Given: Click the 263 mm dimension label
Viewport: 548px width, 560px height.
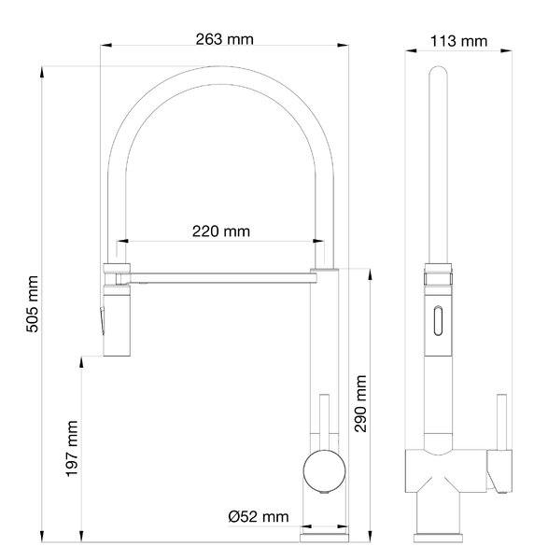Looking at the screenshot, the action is coord(225,39).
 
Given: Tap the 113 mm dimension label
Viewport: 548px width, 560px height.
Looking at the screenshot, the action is coord(458,41).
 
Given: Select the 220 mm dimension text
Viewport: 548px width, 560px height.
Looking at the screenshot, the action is coord(221,231).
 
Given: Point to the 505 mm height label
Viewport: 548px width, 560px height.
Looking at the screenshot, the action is coord(32,304).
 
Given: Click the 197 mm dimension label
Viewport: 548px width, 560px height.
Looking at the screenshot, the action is coord(72,449).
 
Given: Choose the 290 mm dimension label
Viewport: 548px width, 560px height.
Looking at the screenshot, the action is coord(360,403).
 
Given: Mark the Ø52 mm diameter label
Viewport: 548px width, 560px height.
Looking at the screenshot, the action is coord(259,516).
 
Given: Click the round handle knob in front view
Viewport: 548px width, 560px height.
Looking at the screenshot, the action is coord(324,471).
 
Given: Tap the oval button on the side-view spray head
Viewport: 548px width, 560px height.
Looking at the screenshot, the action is coord(438,321).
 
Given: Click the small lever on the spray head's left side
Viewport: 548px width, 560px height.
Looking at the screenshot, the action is coord(102,320).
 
